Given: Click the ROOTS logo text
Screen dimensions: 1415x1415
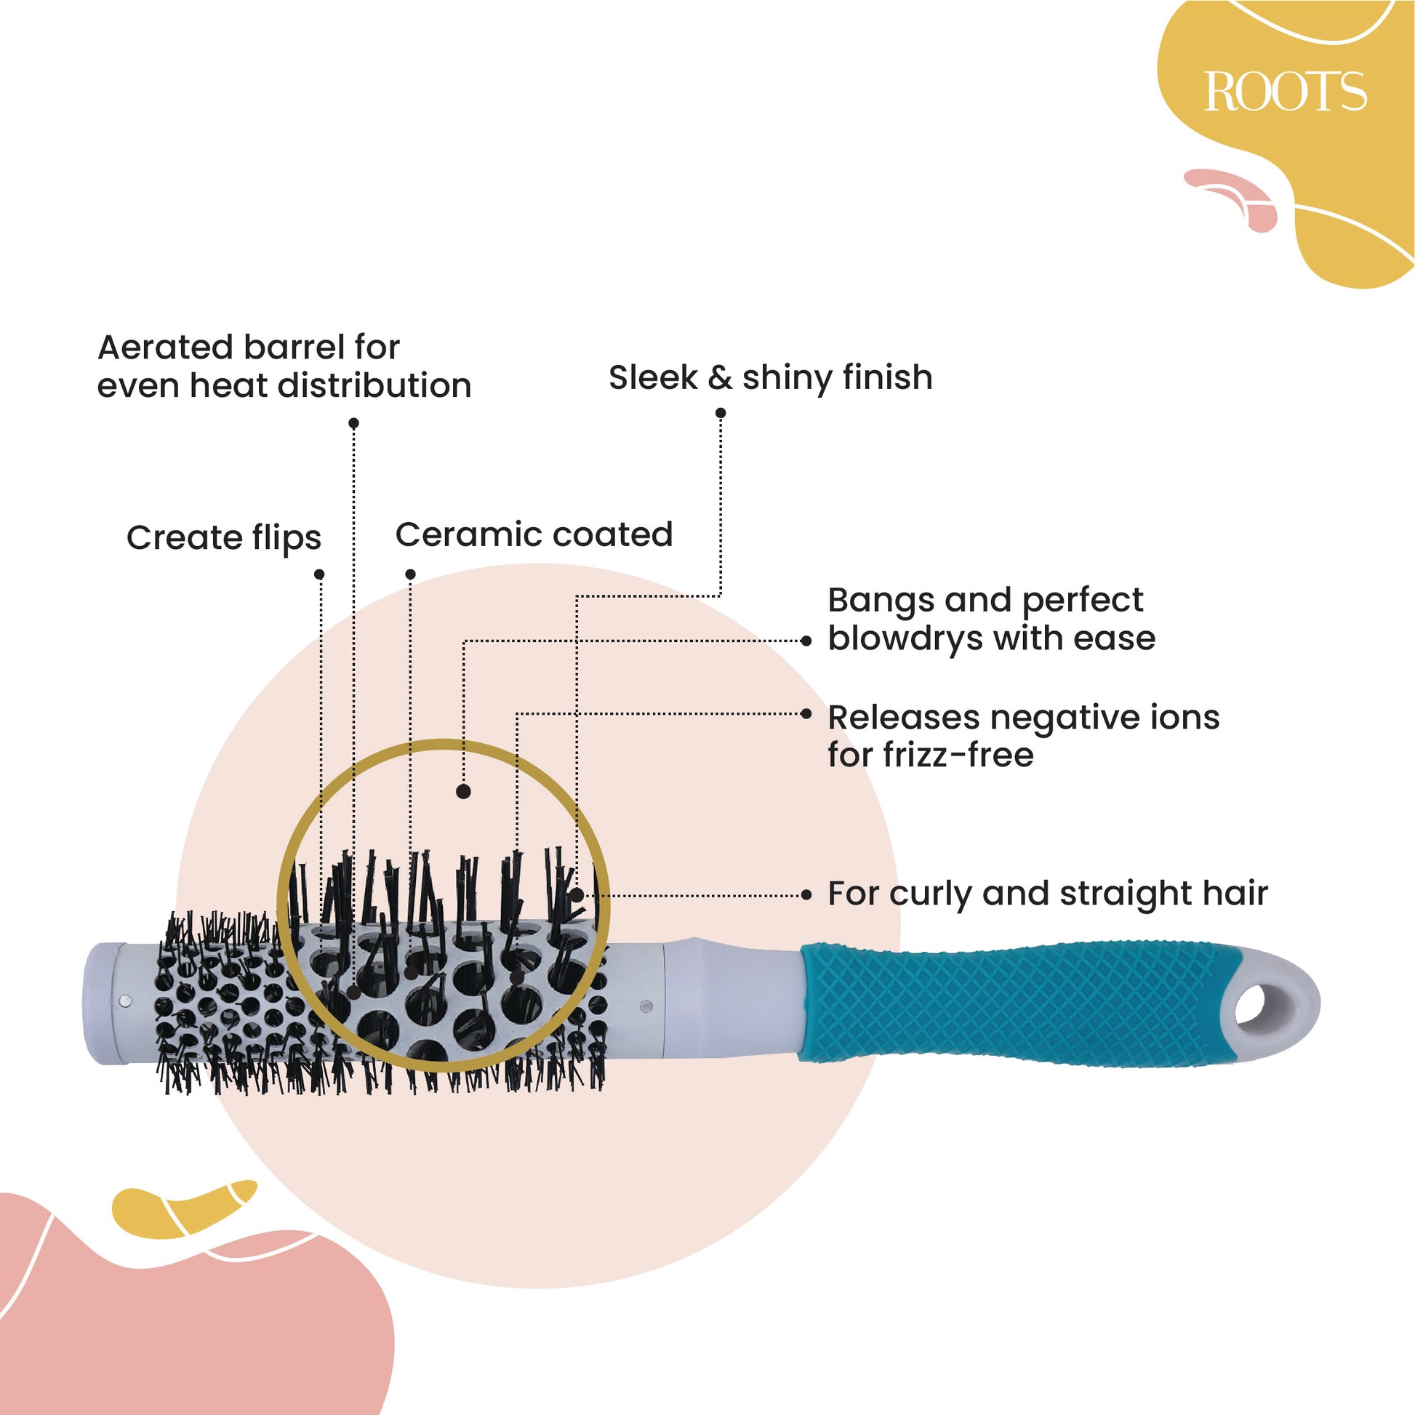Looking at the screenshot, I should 1286,92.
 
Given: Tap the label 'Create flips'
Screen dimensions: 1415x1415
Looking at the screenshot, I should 223,538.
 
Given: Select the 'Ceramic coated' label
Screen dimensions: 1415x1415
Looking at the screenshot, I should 534,534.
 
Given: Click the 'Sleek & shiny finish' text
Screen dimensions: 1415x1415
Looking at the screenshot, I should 771,378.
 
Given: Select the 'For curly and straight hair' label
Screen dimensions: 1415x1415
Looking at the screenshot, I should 1047,894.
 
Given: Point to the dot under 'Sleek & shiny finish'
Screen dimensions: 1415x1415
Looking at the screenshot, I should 721,414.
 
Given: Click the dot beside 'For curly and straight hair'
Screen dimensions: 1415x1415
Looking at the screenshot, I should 806,895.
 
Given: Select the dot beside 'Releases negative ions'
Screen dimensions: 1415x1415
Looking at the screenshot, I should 806,714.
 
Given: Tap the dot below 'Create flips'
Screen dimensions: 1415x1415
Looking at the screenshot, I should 319,575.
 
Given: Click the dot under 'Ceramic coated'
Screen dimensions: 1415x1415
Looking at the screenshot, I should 410,575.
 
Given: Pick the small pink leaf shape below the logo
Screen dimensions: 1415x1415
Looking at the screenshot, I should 1238,196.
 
